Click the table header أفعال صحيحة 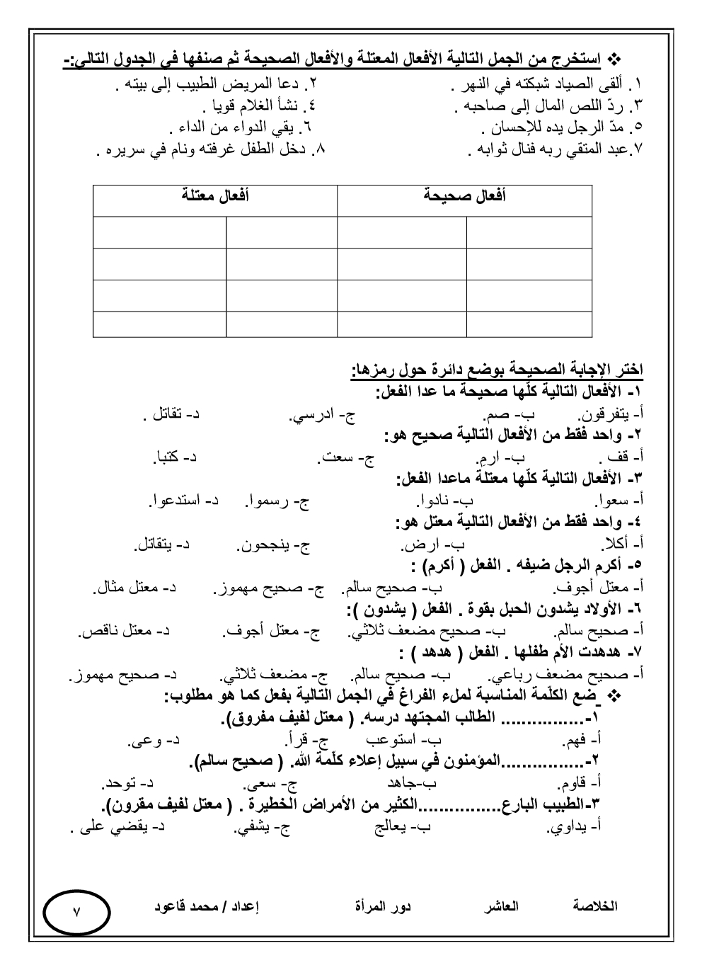pos(464,196)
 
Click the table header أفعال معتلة pos(215,196)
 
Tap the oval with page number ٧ pos(77,913)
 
